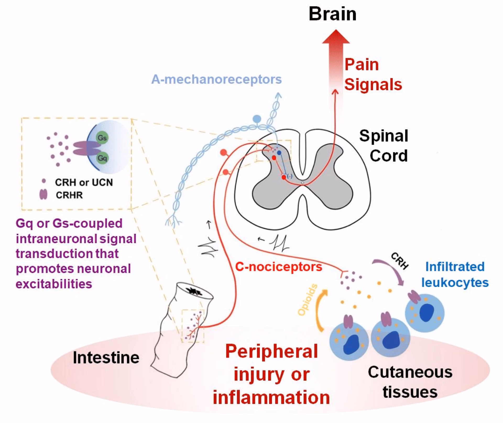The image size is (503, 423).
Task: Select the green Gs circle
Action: click(102, 138)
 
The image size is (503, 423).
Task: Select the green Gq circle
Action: click(102, 158)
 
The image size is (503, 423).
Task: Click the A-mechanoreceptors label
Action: click(216, 79)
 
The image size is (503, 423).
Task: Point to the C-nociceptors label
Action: click(278, 267)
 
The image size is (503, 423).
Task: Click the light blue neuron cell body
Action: click(257, 119)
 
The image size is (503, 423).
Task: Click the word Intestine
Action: click(106, 357)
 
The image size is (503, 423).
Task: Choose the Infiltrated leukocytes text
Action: click(455, 274)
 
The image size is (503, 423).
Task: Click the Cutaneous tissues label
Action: click(410, 382)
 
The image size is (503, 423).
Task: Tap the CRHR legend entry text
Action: click(69, 195)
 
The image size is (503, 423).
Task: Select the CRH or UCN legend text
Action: click(84, 182)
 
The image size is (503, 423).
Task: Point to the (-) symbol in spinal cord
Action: click(289, 176)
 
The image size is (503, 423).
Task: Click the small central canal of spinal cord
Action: click(303, 183)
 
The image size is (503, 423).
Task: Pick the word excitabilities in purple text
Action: click(54, 284)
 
